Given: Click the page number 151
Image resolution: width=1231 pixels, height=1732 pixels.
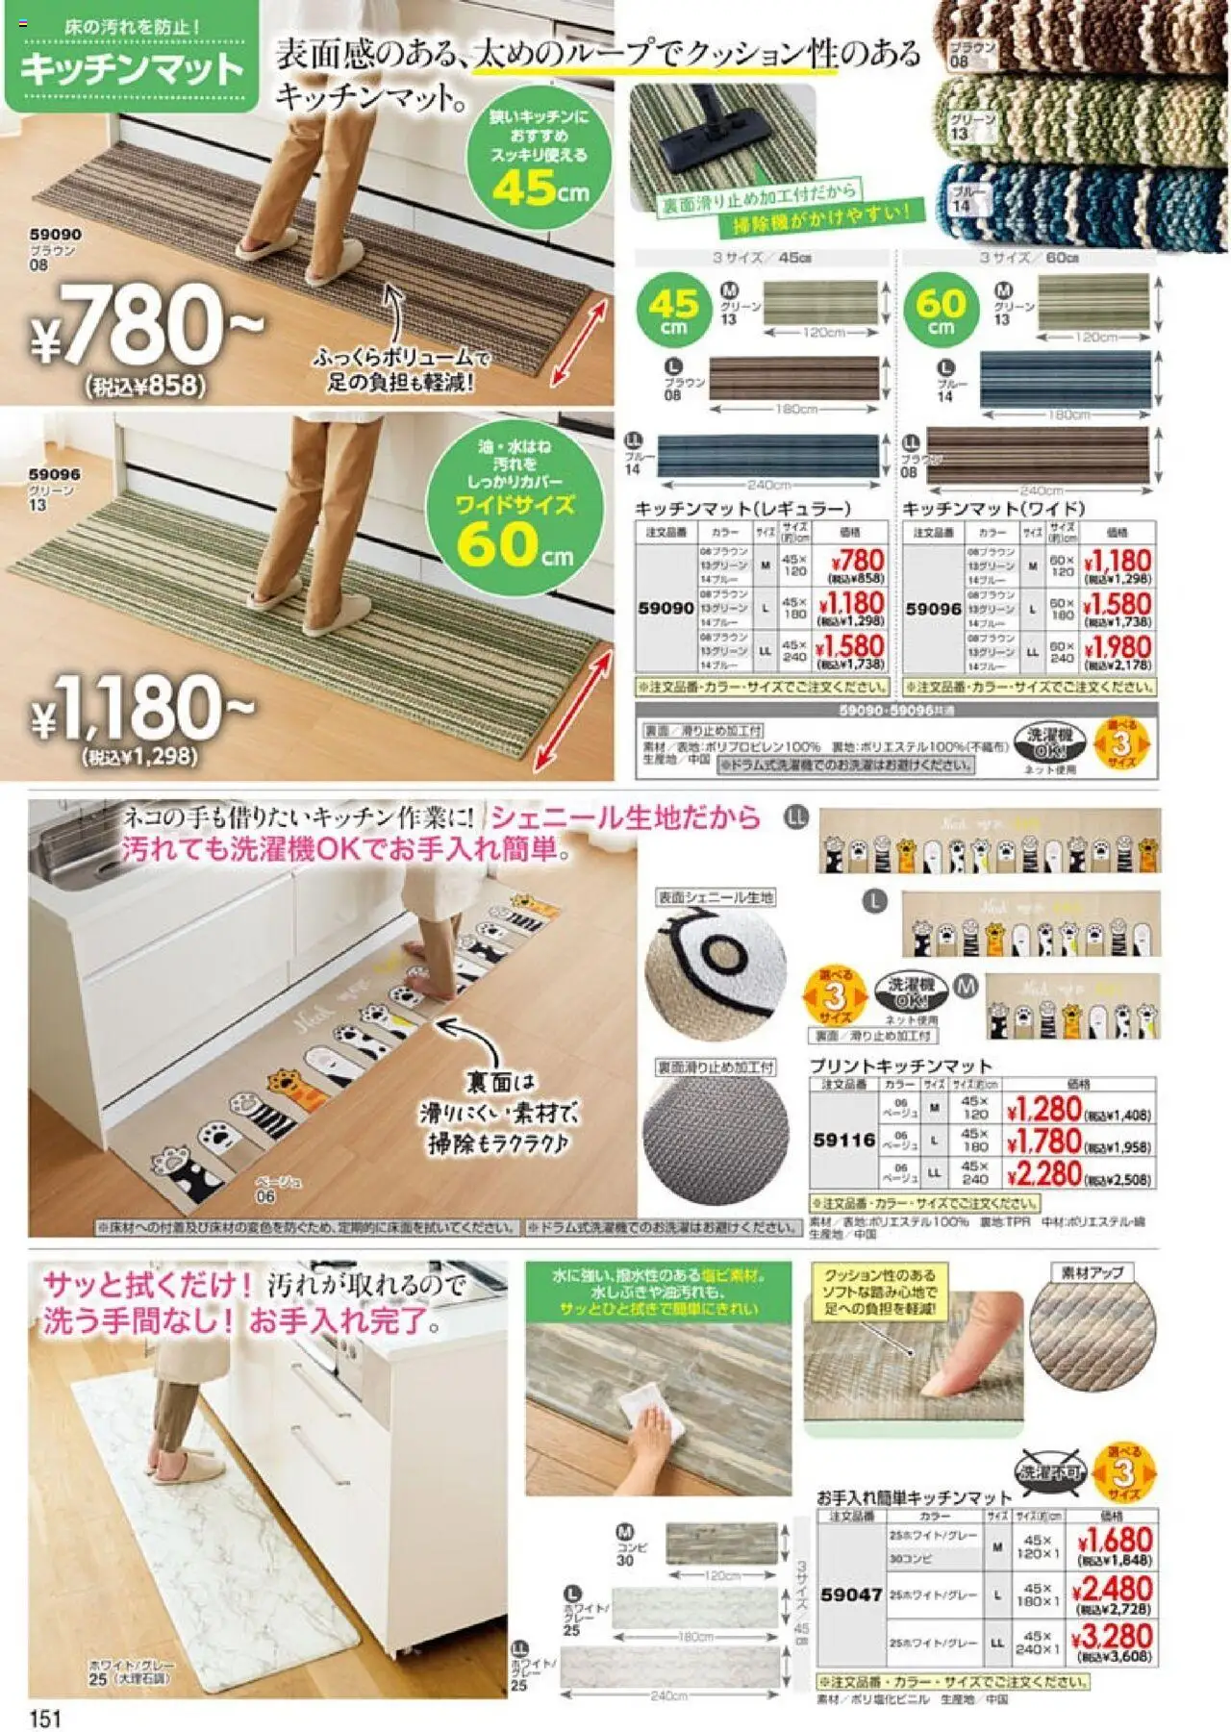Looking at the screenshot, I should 46,1718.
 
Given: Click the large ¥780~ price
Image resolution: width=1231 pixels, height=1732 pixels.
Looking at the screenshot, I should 144,327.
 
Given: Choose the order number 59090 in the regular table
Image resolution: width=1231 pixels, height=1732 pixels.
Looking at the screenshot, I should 666,608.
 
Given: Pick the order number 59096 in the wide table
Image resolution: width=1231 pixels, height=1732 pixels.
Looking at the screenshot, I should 933,609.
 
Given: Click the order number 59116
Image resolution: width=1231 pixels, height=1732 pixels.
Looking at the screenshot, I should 843,1140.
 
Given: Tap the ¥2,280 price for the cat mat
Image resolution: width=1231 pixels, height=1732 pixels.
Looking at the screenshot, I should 1044,1174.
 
